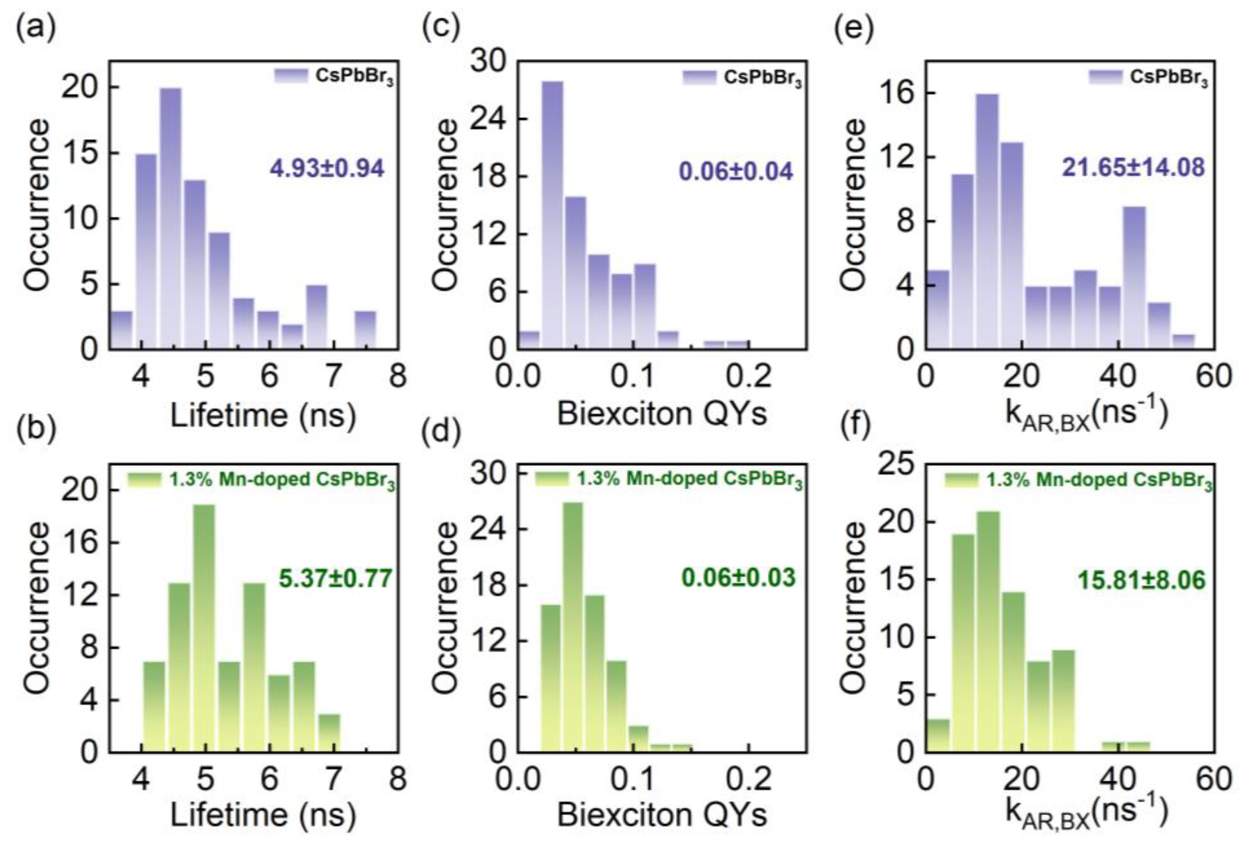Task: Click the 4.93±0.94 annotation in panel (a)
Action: pyautogui.click(x=327, y=169)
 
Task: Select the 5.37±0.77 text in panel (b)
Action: pyautogui.click(x=335, y=579)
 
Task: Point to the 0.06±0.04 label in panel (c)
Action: pyautogui.click(x=735, y=172)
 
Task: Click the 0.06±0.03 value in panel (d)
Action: pyautogui.click(x=738, y=578)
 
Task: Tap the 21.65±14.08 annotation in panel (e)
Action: pyautogui.click(x=1133, y=168)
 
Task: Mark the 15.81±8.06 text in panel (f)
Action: pyautogui.click(x=1142, y=581)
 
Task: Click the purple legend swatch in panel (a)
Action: pyautogui.click(x=291, y=76)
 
